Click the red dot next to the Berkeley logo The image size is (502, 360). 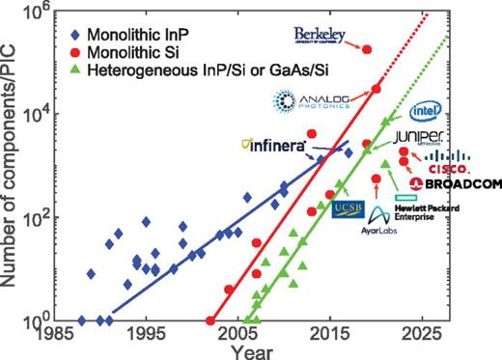pos(366,48)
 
